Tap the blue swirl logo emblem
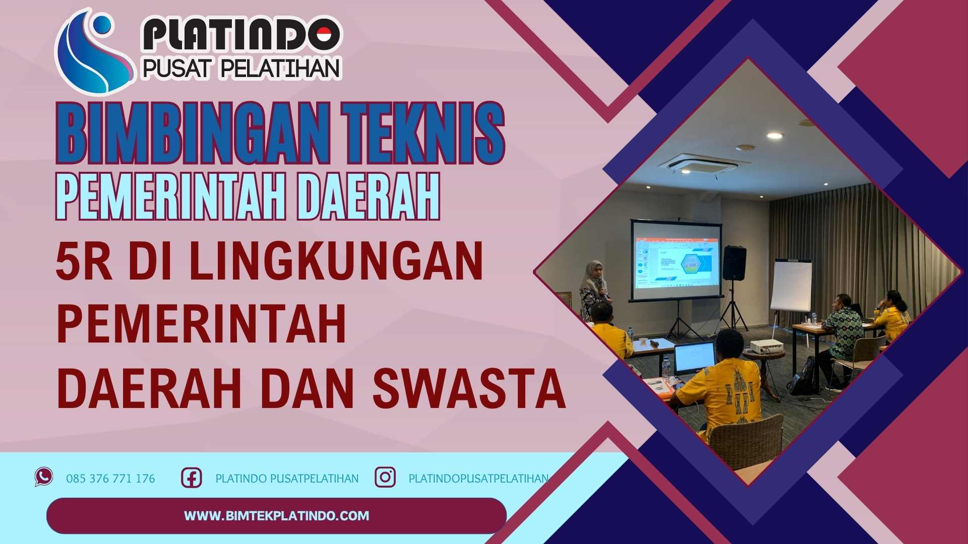pos(93,53)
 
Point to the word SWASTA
pos(469,389)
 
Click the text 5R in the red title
pos(83,261)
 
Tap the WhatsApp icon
pos(44,477)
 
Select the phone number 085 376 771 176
pos(110,479)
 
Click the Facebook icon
pos(192,478)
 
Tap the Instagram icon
pos(385,477)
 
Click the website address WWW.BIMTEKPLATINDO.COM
pos(276,516)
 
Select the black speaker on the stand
pos(734,263)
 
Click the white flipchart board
pos(791,285)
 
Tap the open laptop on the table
pos(694,359)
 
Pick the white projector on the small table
pos(766,346)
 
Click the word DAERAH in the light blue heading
pos(368,196)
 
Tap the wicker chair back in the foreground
pos(746,441)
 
